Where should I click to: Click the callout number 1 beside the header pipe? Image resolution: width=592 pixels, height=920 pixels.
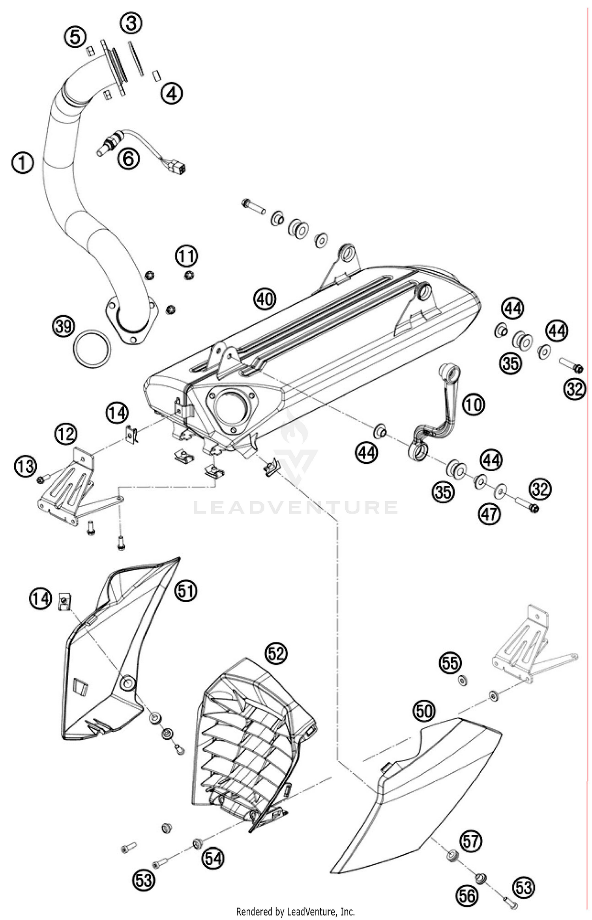pyautogui.click(x=23, y=163)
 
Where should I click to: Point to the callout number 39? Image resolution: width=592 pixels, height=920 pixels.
pyautogui.click(x=63, y=327)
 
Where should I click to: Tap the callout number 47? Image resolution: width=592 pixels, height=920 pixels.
pyautogui.click(x=489, y=514)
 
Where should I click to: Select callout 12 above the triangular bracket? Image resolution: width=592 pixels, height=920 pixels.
pyautogui.click(x=66, y=434)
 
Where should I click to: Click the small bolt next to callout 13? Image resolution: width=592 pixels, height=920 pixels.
pyautogui.click(x=41, y=479)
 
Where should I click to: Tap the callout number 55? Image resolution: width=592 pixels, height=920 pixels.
pyautogui.click(x=450, y=663)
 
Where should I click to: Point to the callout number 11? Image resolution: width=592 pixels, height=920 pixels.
pyautogui.click(x=186, y=256)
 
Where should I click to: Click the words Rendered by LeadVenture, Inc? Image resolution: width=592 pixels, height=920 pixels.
pyautogui.click(x=295, y=911)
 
